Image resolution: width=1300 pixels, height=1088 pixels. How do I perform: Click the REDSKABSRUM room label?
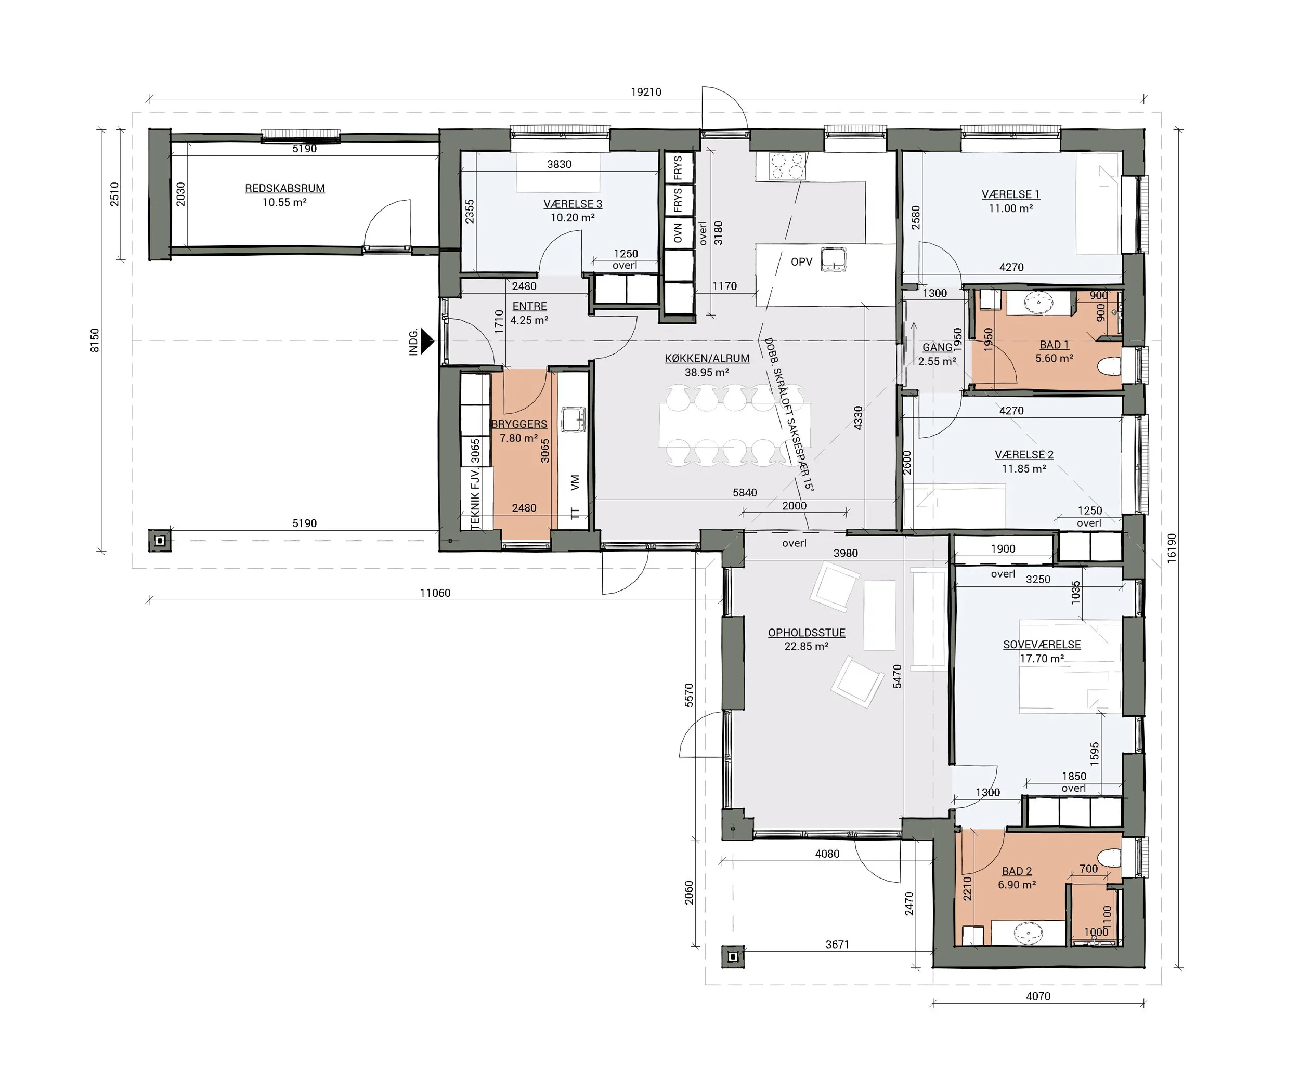click(285, 188)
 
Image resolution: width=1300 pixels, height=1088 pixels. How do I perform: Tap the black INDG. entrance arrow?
click(427, 341)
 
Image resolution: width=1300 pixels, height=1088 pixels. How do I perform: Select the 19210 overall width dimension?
click(646, 92)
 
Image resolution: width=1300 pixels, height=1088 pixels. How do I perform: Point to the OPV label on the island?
click(802, 262)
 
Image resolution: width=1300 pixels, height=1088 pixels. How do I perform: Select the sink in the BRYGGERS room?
click(573, 419)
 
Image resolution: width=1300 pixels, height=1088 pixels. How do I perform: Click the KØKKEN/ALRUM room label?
click(707, 358)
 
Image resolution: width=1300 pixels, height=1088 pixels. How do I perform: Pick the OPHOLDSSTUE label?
click(807, 633)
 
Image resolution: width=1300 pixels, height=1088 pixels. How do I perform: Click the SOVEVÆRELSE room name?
click(1042, 644)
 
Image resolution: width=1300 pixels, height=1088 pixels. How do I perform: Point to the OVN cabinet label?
click(678, 233)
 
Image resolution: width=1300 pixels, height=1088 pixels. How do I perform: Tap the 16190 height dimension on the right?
click(1171, 548)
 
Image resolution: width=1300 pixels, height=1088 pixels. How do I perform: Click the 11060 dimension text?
click(435, 593)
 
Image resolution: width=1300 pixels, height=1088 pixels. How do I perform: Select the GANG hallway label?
click(937, 348)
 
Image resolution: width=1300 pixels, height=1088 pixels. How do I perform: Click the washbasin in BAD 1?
click(1039, 303)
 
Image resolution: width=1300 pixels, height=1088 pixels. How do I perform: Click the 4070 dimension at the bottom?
click(1038, 996)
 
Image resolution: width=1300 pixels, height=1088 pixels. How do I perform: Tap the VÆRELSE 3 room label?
click(573, 204)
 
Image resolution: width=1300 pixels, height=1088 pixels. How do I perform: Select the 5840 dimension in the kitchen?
click(745, 493)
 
